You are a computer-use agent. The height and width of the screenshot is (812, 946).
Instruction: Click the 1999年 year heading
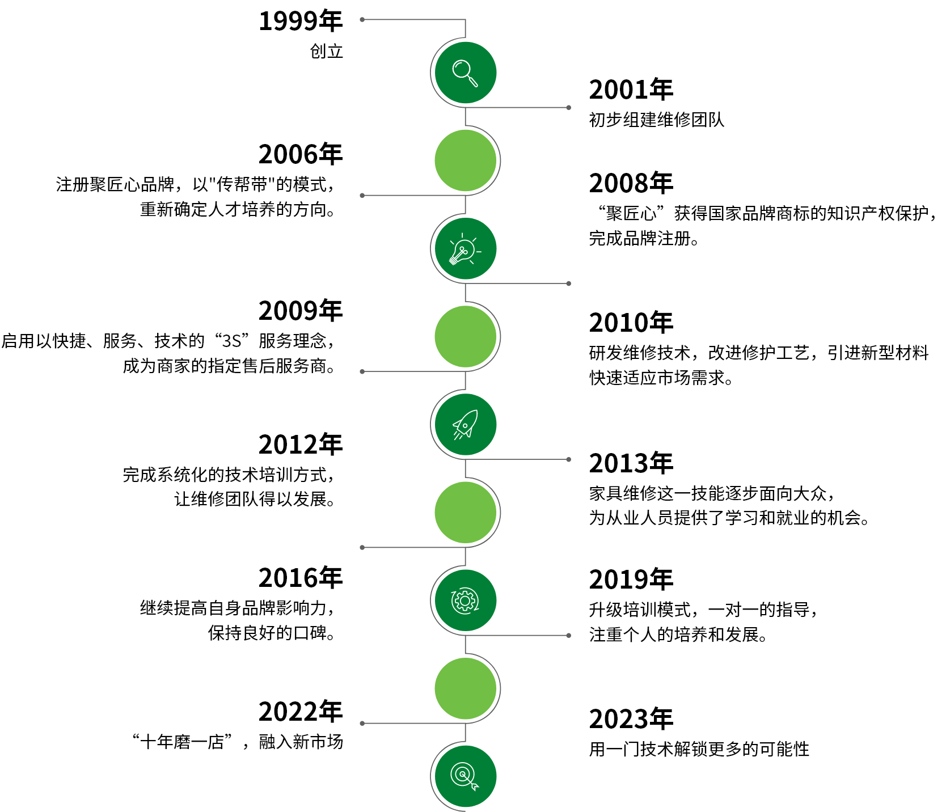[x=301, y=22]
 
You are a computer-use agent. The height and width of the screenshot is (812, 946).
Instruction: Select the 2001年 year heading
[x=631, y=90]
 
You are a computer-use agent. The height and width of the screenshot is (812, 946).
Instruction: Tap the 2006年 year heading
[x=301, y=154]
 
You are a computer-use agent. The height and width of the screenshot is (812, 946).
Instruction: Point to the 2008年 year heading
[x=631, y=183]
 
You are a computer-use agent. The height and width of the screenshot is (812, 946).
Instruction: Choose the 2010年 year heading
[x=631, y=323]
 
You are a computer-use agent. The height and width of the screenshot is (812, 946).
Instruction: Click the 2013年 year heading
[x=631, y=463]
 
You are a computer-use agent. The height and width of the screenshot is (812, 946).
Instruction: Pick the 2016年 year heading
[x=301, y=578]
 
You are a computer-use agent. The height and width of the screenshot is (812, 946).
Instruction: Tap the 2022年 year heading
[x=301, y=712]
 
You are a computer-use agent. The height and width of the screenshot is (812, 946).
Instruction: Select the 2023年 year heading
[x=631, y=719]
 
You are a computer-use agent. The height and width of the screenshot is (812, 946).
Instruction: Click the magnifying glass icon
[x=465, y=73]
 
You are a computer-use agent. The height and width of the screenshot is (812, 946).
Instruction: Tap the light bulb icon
[x=464, y=249]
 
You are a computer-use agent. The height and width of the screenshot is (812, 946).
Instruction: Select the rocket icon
[x=465, y=425]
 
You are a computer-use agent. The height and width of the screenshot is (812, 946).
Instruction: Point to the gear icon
[x=465, y=600]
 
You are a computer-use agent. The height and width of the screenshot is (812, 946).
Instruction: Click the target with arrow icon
[x=465, y=776]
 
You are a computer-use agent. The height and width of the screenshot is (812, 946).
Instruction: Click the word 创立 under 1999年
[x=326, y=52]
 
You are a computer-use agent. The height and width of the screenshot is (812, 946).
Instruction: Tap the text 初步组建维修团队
[x=657, y=120]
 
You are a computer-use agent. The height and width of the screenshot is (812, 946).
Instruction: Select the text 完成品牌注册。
[x=644, y=238]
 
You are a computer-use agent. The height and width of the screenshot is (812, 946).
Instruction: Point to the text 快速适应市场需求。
[x=661, y=378]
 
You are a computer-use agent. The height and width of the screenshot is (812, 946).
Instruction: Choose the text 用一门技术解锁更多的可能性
[x=699, y=749]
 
